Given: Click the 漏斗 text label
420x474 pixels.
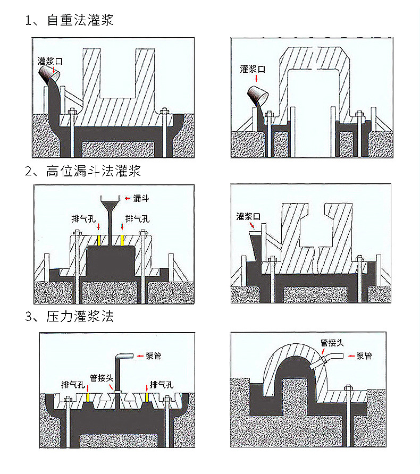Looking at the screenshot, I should pos(141,198).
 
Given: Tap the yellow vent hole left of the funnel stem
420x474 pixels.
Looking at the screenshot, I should pos(99,241).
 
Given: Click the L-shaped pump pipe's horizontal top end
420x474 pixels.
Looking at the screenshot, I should pos(128,356).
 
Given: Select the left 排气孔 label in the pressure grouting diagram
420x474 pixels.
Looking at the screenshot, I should pos(72,384).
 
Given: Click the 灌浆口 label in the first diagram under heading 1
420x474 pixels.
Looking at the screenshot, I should pos(51,61).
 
